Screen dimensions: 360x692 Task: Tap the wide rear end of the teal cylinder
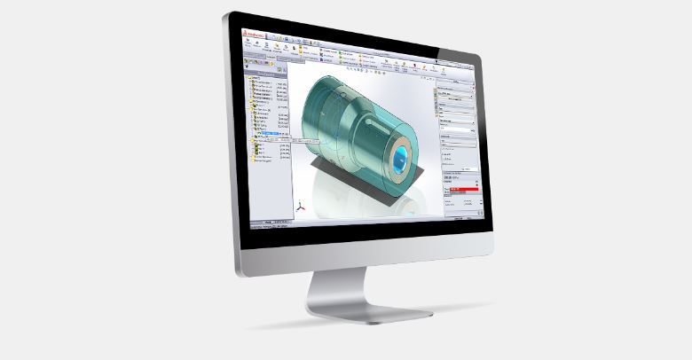click(x=306, y=120)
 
